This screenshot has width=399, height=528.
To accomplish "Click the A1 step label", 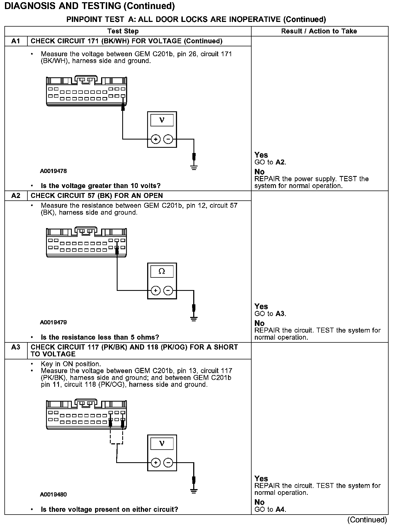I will pyautogui.click(x=16, y=41).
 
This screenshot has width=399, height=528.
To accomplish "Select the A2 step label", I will pyautogui.click(x=16, y=196).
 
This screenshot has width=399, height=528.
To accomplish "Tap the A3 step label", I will pyautogui.click(x=16, y=347).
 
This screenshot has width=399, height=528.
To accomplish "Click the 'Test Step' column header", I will pyautogui.click(x=123, y=31).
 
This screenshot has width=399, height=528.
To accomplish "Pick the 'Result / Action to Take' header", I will pyautogui.click(x=319, y=31).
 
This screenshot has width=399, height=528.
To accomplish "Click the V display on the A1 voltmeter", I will pyautogui.click(x=162, y=120).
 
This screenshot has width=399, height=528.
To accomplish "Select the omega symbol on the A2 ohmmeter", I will pyautogui.click(x=162, y=271).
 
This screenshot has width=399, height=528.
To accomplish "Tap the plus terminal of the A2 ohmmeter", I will pyautogui.click(x=156, y=290).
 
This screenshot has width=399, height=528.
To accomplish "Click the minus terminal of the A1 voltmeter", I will pyautogui.click(x=168, y=139).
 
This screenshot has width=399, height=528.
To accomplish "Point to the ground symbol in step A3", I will pyautogui.click(x=194, y=491).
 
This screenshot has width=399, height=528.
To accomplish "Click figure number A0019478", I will pyautogui.click(x=53, y=171).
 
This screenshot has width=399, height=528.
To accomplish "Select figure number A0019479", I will pyautogui.click(x=53, y=322).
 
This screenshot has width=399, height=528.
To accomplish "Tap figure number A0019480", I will pyautogui.click(x=53, y=495).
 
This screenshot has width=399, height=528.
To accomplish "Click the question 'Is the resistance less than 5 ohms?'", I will pyautogui.click(x=100, y=337).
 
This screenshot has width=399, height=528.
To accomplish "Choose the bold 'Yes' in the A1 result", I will pyautogui.click(x=261, y=155).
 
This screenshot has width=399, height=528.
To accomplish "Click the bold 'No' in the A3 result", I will pyautogui.click(x=259, y=502).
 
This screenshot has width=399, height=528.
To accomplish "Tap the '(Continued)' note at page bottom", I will pyautogui.click(x=367, y=520).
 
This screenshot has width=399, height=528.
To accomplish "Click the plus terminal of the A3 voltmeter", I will pyautogui.click(x=156, y=463).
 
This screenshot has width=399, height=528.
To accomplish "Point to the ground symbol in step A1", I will pyautogui.click(x=194, y=168).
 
